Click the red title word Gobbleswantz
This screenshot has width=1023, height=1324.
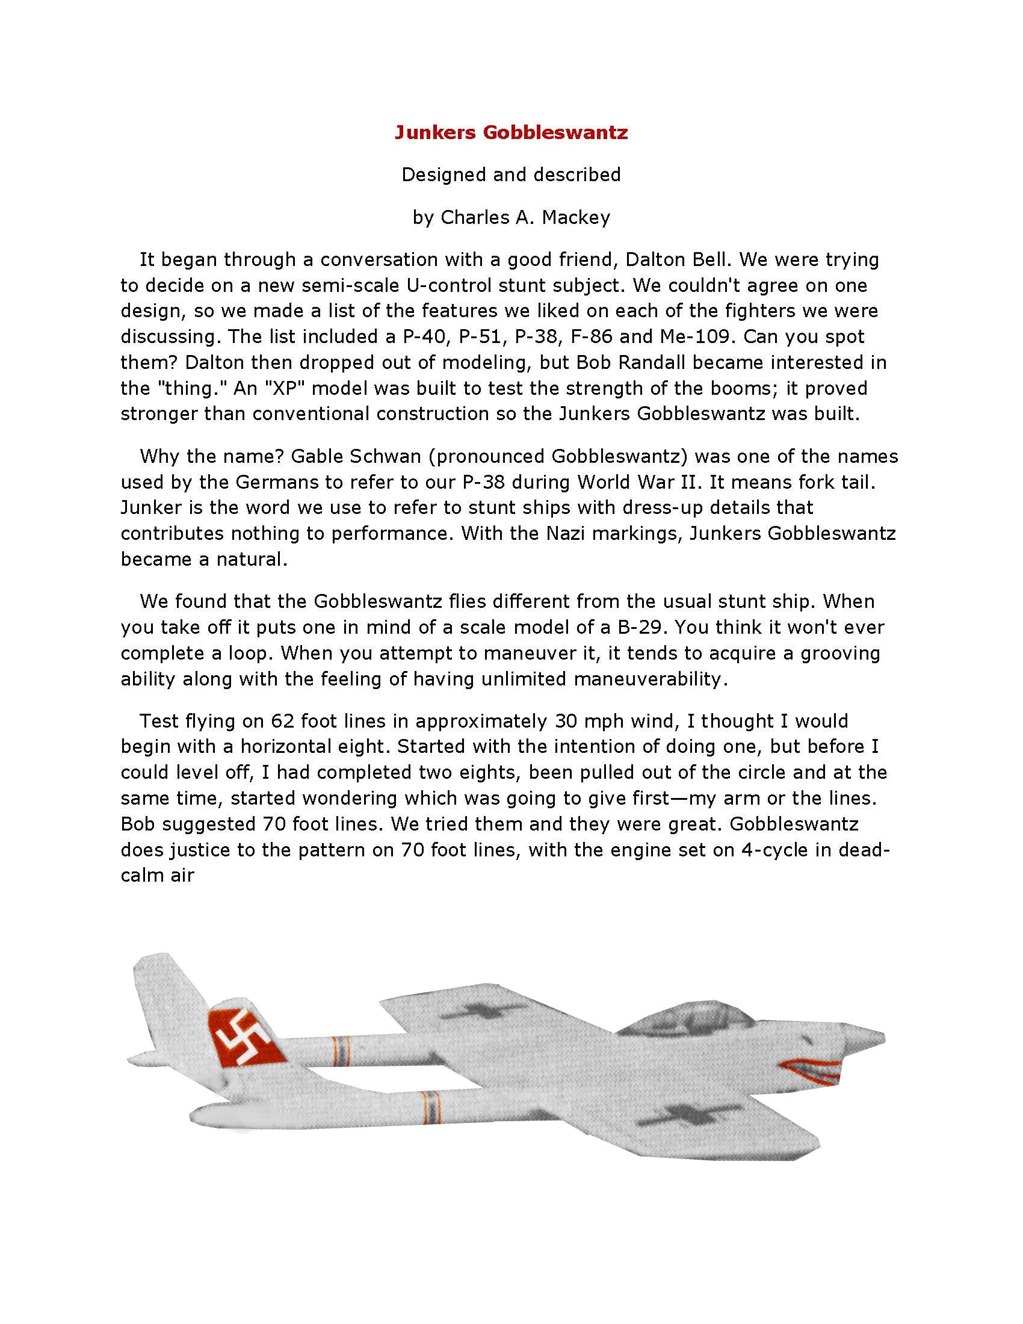555,132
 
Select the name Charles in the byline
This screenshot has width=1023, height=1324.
474,217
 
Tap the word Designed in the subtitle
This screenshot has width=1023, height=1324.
444,175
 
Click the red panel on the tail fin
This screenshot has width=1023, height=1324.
244,1039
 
